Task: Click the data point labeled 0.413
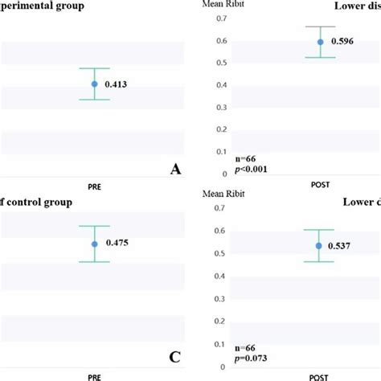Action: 94,84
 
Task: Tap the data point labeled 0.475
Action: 94,244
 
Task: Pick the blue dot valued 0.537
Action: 319,245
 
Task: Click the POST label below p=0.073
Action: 320,377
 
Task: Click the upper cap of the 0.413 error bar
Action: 94,68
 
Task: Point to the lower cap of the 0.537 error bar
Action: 319,262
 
